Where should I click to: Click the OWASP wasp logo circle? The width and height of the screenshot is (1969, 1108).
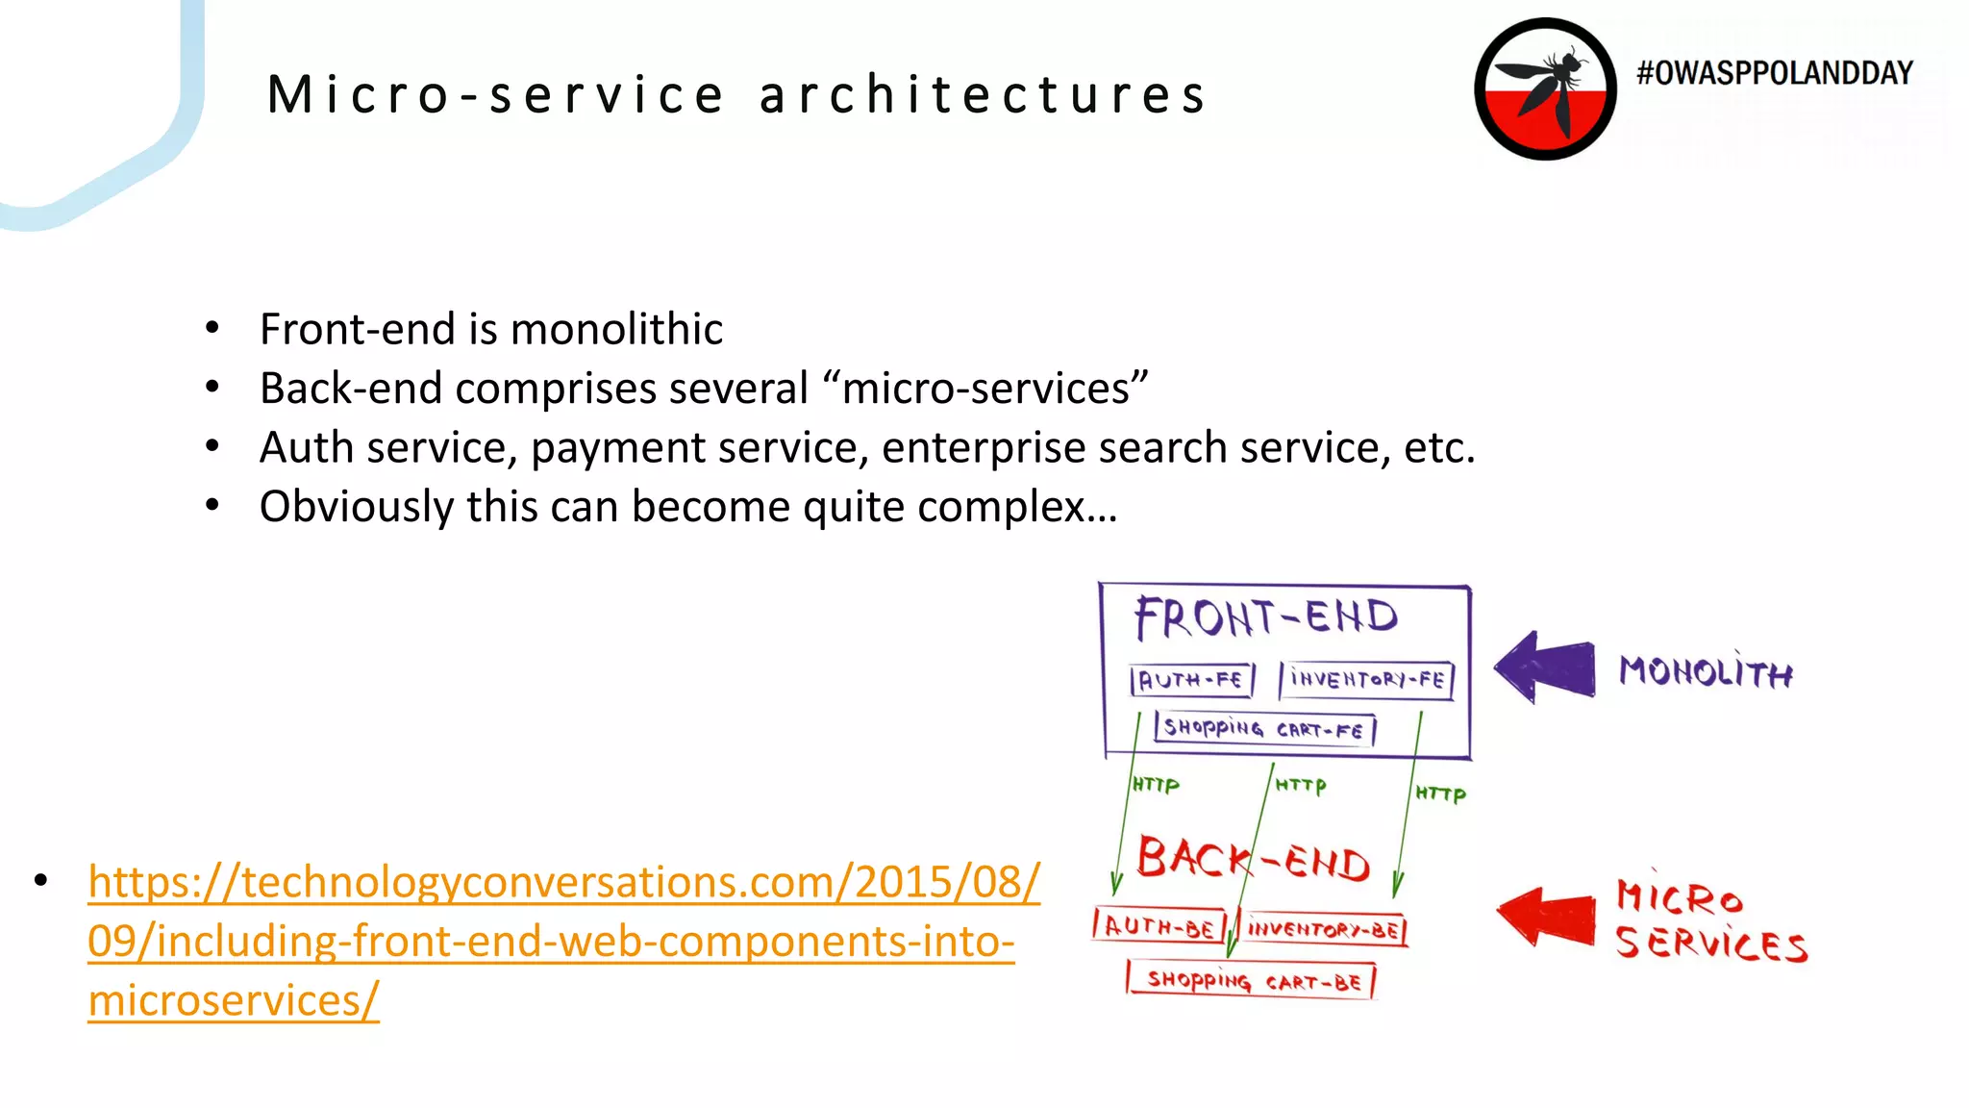pos(1545,89)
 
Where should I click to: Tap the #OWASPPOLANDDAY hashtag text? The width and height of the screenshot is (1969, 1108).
pos(1775,73)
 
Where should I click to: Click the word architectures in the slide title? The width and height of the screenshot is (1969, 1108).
pos(983,95)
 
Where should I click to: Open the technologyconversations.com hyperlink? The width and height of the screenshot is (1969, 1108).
pos(562,940)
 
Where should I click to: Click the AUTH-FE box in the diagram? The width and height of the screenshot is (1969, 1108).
pos(1192,680)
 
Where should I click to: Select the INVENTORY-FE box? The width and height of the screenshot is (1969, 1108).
pos(1366,679)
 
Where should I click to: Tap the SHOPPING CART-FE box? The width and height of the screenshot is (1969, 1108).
pos(1264,729)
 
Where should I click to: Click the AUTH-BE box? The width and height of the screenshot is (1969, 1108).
pos(1159,926)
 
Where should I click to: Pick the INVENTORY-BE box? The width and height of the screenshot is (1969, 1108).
pos(1323,929)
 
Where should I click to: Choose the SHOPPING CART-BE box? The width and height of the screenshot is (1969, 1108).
pos(1252,981)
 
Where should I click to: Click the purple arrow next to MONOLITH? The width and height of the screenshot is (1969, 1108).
pos(1546,667)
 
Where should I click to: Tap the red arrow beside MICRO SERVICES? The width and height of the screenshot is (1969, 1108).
pos(1548,916)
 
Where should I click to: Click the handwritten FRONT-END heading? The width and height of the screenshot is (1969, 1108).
pos(1265,617)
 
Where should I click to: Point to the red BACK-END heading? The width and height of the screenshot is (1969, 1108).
pos(1253,859)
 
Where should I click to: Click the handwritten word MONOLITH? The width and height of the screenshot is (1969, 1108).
pos(1706,670)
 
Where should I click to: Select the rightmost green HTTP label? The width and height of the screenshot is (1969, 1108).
pos(1440,793)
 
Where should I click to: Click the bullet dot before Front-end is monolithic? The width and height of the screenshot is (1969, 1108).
pos(212,329)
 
